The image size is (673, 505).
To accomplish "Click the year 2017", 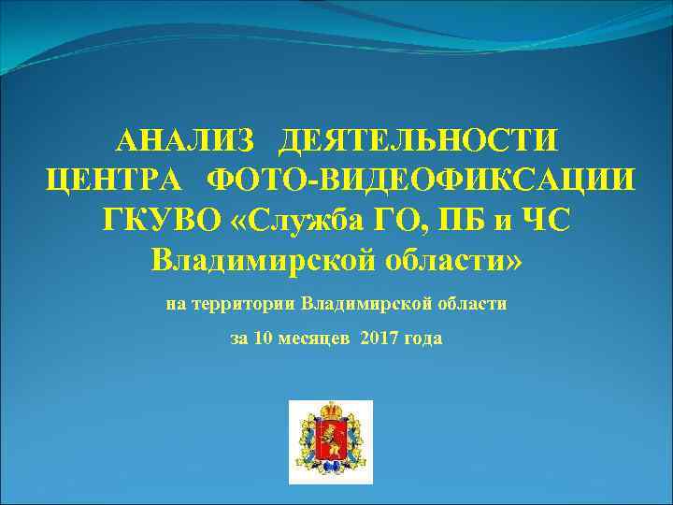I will (x=382, y=338).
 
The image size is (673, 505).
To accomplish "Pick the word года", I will (x=424, y=338).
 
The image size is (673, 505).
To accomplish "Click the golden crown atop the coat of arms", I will (x=331, y=410).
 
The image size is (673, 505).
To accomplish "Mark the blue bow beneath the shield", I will (x=331, y=470).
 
